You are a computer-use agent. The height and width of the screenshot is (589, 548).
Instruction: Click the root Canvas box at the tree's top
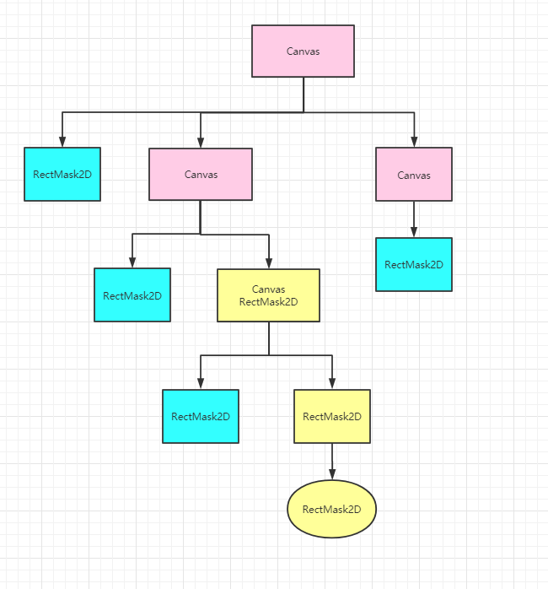303,51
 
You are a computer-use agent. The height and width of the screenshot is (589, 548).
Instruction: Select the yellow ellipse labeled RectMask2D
331,509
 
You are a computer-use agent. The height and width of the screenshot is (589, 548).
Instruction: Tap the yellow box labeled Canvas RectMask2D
268,295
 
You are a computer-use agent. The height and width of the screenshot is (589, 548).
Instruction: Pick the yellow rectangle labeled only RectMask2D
331,416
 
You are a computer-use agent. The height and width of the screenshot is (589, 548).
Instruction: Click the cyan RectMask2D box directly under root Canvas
62,175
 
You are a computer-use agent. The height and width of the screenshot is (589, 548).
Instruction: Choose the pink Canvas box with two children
201,175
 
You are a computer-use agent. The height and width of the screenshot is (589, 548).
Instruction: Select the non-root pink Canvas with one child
413,175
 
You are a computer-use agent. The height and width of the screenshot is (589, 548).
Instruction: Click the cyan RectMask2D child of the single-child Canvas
413,264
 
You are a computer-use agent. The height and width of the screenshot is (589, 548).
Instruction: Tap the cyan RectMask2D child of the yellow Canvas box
201,416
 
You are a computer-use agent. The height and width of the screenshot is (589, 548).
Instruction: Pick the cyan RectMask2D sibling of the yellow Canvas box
132,295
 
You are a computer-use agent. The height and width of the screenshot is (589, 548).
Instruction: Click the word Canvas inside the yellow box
268,289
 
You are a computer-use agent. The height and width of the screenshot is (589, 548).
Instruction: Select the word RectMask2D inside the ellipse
331,509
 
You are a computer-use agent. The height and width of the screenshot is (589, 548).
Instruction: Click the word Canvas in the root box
303,51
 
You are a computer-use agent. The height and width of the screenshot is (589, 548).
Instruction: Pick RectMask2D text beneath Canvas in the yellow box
268,301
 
